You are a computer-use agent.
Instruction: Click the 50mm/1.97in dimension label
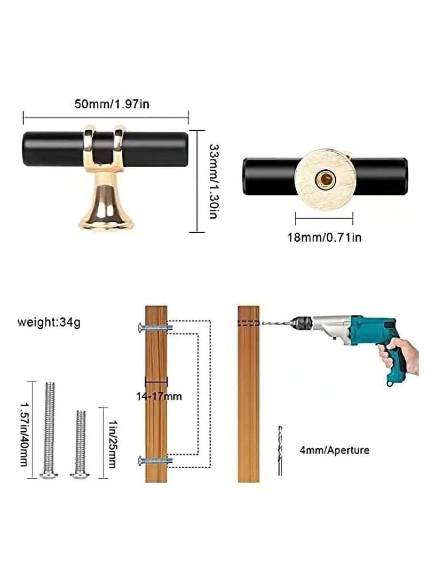(112, 104)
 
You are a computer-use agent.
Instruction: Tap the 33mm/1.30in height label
(213, 181)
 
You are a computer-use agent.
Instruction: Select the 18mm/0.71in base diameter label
(325, 238)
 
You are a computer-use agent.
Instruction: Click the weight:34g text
(49, 322)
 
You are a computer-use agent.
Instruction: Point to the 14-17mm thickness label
(159, 396)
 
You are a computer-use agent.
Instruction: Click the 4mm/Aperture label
(335, 450)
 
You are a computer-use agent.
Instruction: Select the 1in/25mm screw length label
(112, 443)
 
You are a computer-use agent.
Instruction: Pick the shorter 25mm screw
(81, 444)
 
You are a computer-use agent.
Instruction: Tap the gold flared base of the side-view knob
(106, 204)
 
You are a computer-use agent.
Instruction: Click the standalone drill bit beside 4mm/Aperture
(280, 450)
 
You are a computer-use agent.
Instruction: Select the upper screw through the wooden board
(155, 328)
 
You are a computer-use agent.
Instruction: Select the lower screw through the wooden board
(155, 461)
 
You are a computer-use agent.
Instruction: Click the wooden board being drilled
(249, 394)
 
